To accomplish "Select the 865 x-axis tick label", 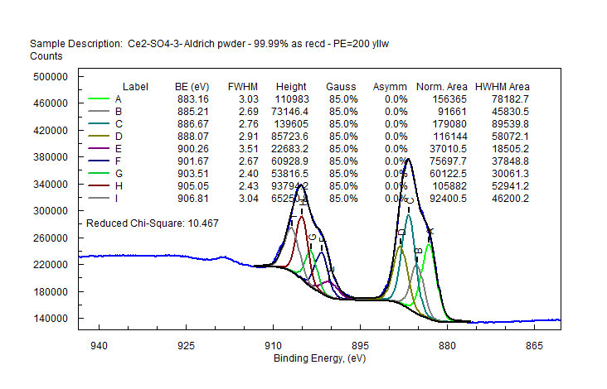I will coord(533,345).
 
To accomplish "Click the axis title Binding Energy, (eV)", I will coord(319,358).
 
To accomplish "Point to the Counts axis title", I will coord(46,56).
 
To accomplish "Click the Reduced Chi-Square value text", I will coord(152,223).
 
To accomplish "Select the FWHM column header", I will coord(243,87).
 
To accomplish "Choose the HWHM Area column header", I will coord(502,87).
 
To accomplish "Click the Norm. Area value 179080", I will coord(446,123).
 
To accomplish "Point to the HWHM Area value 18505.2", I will coord(509,148).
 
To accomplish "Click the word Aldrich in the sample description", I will coord(197,42).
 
